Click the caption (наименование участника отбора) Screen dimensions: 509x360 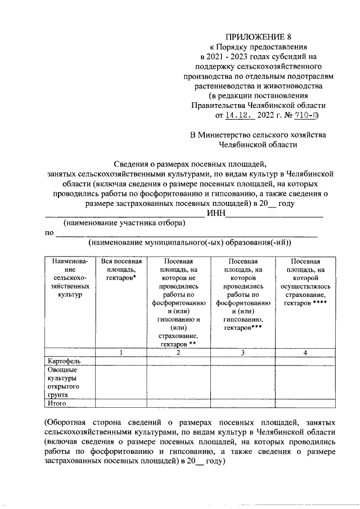click(124, 223)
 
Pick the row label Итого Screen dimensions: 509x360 click(58, 403)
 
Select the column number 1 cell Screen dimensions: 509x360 click(121, 352)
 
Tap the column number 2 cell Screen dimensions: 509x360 click(178, 352)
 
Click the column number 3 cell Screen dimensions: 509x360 click(243, 352)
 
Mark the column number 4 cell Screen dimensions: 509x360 click(305, 352)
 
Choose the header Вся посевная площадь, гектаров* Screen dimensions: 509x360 click(121, 269)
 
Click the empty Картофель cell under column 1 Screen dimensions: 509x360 click(121, 361)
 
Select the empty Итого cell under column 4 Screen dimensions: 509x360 click(305, 403)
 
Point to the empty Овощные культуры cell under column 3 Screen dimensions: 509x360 click(243, 382)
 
